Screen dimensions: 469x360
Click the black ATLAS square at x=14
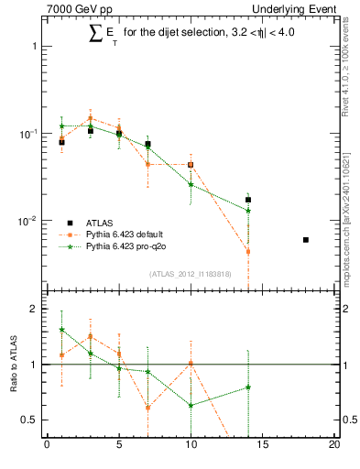(x=248, y=200)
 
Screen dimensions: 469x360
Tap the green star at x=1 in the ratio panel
(x=61, y=329)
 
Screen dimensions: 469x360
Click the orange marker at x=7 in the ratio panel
(x=147, y=408)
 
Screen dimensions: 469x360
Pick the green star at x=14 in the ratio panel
(x=248, y=387)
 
